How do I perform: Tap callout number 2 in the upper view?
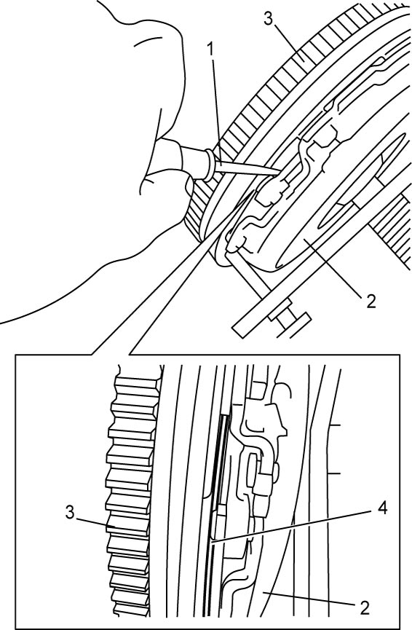(x=371, y=301)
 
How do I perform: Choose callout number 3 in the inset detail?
(x=71, y=513)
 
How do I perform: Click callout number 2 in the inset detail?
(x=365, y=608)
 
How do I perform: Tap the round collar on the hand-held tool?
(x=209, y=165)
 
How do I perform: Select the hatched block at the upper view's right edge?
(x=392, y=225)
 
